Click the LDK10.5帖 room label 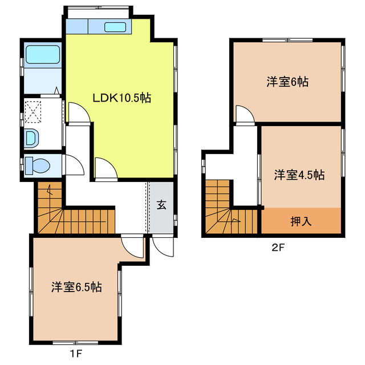coord(122,98)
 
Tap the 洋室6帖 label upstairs coord(287,82)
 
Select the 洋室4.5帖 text coord(298,175)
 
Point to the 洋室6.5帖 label coord(76,287)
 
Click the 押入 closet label coord(301,221)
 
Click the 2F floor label coord(278,248)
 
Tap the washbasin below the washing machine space coord(31,137)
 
